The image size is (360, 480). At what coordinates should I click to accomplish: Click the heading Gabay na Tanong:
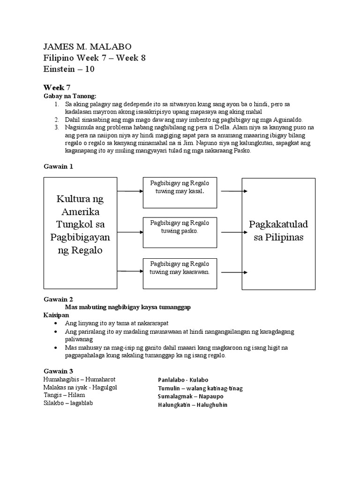[x=69, y=96]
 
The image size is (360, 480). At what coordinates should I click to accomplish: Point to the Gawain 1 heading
[x=58, y=166]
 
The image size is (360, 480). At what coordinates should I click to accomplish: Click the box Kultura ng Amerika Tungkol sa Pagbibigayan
[x=80, y=232]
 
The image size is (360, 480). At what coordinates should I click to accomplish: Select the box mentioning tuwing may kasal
[x=180, y=192]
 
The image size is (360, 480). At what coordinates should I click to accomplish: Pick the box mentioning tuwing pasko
[x=180, y=232]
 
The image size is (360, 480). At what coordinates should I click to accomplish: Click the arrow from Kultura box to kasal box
[x=130, y=191]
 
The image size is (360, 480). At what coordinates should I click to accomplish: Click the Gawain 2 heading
[x=58, y=299]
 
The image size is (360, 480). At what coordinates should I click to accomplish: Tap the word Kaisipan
[x=57, y=315]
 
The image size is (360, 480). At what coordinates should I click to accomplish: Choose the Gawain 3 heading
[x=58, y=371]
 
